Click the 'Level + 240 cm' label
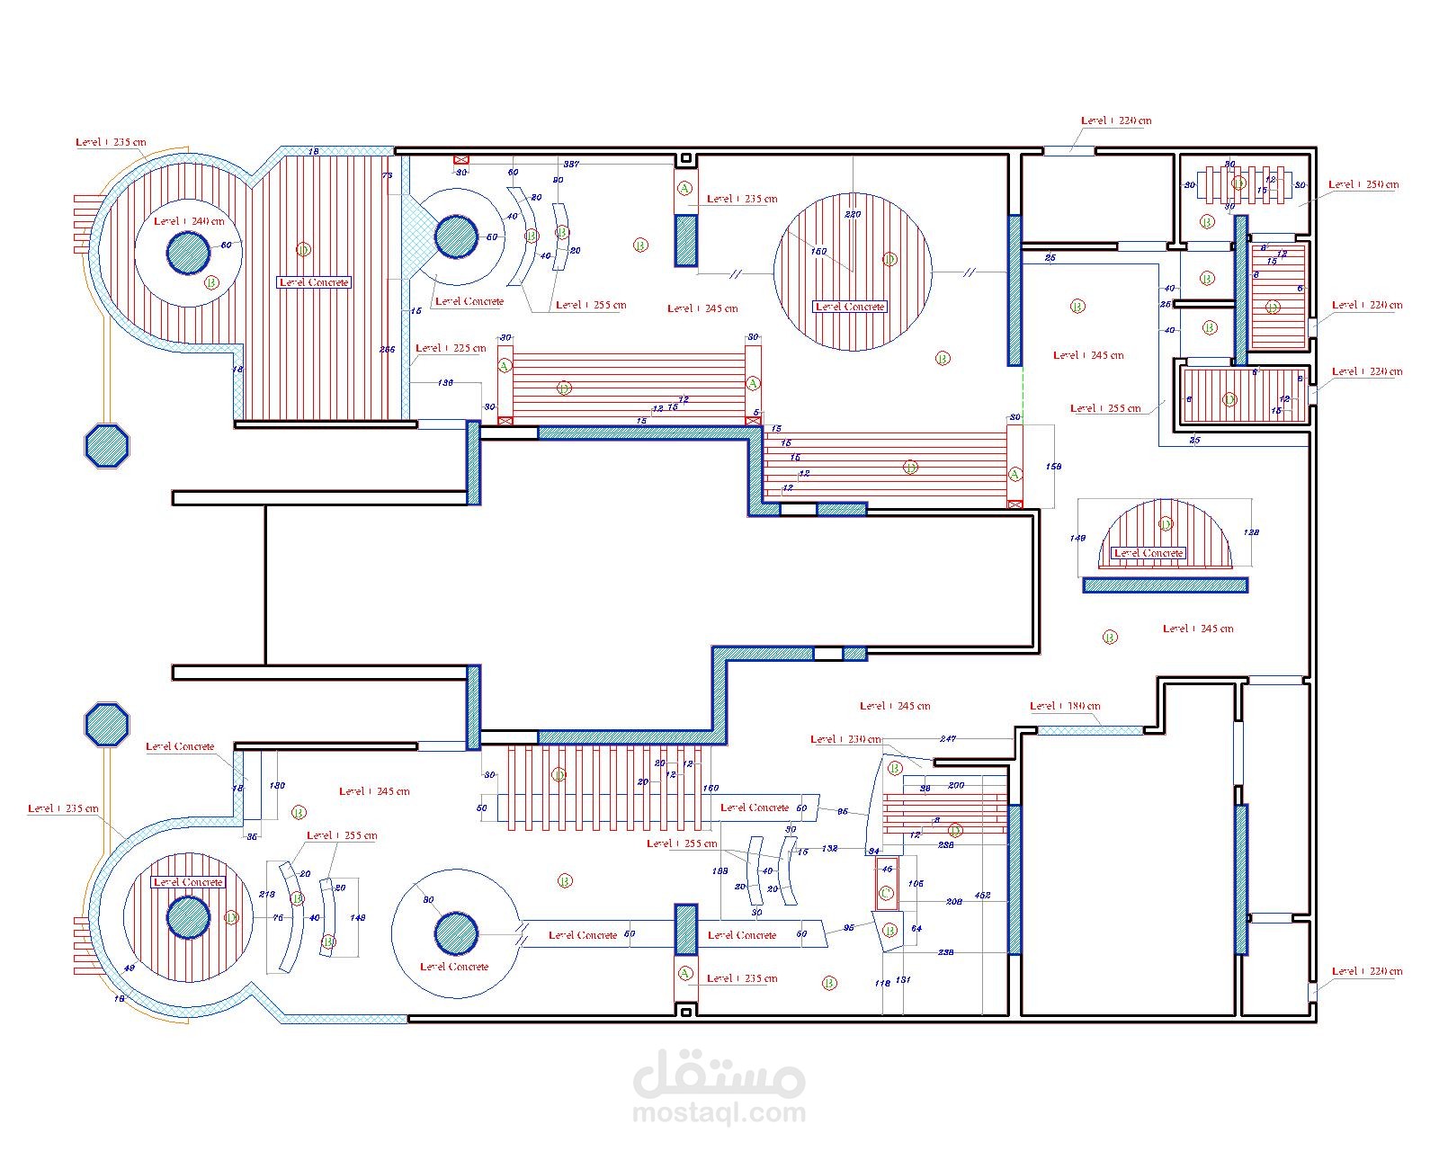click(189, 221)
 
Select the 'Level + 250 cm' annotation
click(1364, 184)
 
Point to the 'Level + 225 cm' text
click(451, 348)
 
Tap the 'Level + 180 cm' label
click(1065, 706)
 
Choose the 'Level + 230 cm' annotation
click(845, 739)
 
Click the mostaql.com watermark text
click(719, 1113)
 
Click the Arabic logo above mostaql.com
click(719, 1074)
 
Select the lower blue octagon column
click(107, 724)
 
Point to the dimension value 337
click(571, 165)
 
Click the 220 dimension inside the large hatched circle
click(853, 214)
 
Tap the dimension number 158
click(1054, 467)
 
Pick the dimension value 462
click(983, 896)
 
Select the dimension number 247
click(947, 739)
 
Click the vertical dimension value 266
click(388, 350)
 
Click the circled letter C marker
click(886, 893)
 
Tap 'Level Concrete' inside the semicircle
click(1149, 553)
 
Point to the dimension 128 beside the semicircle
click(1250, 532)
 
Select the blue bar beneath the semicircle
click(1165, 585)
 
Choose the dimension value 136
click(445, 383)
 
